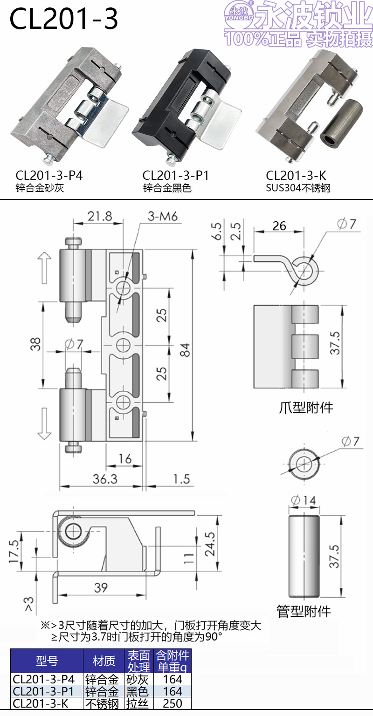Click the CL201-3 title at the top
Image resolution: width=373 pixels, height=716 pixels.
64,20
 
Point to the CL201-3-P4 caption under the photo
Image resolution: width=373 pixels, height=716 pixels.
49,176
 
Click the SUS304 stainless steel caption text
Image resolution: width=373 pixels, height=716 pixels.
298,188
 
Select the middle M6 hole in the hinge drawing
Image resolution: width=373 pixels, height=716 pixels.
124,345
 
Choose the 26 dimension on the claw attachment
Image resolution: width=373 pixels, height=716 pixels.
279,226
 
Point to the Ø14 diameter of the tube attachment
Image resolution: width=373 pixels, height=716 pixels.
303,500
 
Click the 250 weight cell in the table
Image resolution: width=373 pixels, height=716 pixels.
173,703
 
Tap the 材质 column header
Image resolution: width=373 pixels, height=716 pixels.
104,661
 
